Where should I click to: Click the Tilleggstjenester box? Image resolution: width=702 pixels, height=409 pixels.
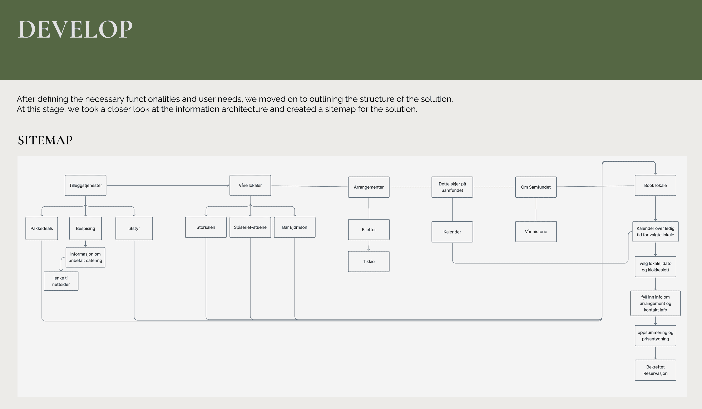coord(85,185)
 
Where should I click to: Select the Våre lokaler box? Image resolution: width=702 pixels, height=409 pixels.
coord(250,185)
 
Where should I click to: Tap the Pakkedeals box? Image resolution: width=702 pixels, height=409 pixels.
coord(41,228)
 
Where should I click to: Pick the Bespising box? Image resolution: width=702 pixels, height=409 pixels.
coord(85,228)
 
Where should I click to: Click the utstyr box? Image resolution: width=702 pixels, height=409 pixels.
coord(134,228)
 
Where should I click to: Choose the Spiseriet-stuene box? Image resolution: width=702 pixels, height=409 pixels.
coord(250,227)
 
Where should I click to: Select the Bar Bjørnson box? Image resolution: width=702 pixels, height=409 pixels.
coord(295,227)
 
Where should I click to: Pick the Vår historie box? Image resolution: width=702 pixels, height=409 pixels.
coord(536,232)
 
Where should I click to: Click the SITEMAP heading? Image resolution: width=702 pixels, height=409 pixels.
coord(45,140)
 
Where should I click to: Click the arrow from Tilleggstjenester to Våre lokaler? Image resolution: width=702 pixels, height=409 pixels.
coord(167,185)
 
